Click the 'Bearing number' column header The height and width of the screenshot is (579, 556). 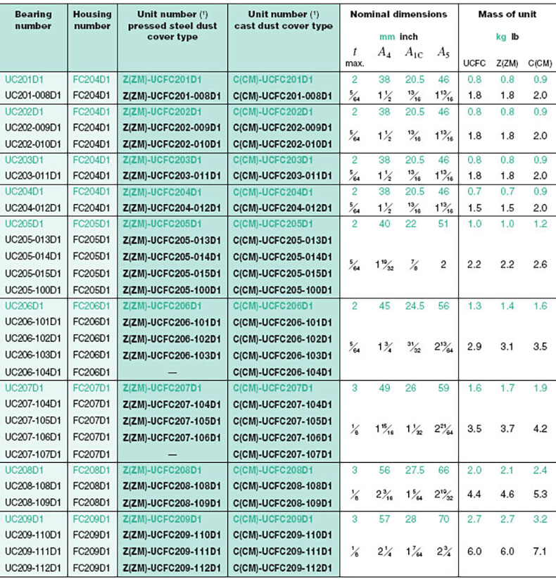[33, 20]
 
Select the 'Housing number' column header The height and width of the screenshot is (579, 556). [91, 20]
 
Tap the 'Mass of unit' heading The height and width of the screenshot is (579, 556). [507, 14]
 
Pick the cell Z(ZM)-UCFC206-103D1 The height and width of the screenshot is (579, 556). [172, 355]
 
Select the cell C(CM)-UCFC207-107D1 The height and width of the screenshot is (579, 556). [283, 454]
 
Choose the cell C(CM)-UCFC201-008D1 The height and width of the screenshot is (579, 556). [283, 95]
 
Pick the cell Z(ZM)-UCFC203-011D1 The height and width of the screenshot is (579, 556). [172, 175]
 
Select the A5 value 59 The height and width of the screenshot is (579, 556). [442, 388]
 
